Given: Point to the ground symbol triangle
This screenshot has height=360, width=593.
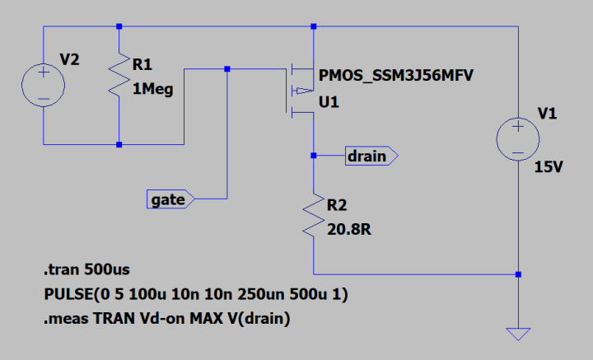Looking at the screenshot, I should pyautogui.click(x=517, y=334).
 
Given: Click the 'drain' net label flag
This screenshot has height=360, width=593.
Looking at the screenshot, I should pyautogui.click(x=371, y=155).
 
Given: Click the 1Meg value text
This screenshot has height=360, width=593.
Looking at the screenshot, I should pyautogui.click(x=152, y=90).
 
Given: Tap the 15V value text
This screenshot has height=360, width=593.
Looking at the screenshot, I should pyautogui.click(x=549, y=167).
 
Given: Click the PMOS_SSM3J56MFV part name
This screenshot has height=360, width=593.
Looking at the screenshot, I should pyautogui.click(x=399, y=76).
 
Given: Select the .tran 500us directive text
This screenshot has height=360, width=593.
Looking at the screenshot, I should pyautogui.click(x=86, y=269).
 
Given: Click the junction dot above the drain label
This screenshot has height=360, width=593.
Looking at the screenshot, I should pyautogui.click(x=313, y=154).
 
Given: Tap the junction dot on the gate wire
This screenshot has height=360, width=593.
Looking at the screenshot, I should pyautogui.click(x=227, y=69).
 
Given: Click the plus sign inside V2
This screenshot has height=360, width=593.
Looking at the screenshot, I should pyautogui.click(x=43, y=73).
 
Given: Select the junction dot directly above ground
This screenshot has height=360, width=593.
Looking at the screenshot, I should pyautogui.click(x=517, y=274).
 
